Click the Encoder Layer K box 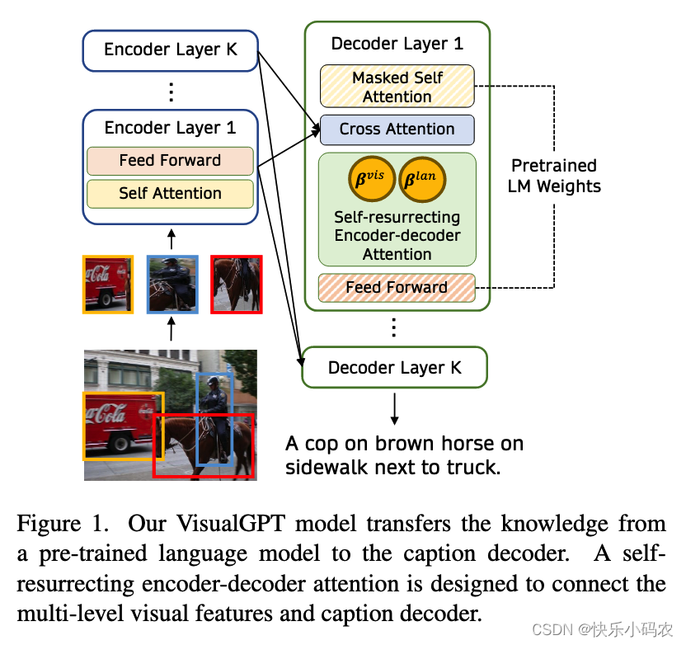pyautogui.click(x=171, y=50)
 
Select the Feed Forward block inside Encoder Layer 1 pyautogui.click(x=170, y=161)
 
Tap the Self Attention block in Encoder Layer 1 pyautogui.click(x=170, y=194)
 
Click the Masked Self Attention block pyautogui.click(x=397, y=87)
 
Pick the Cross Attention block pyautogui.click(x=397, y=129)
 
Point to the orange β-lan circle pyautogui.click(x=423, y=179)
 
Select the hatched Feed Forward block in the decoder pyautogui.click(x=397, y=288)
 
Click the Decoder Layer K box pyautogui.click(x=395, y=368)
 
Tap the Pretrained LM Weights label pyautogui.click(x=554, y=176)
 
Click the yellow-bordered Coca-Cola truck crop pyautogui.click(x=107, y=284)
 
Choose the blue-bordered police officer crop pyautogui.click(x=172, y=284)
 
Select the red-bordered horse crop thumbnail pyautogui.click(x=237, y=284)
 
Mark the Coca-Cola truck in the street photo pyautogui.click(x=120, y=421)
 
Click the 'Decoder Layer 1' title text pyautogui.click(x=397, y=44)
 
